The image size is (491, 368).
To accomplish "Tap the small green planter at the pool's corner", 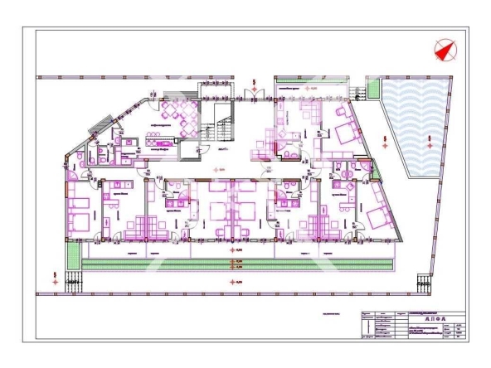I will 372,87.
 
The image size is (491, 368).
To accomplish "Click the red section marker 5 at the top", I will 254,84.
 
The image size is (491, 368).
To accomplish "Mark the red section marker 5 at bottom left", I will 55,278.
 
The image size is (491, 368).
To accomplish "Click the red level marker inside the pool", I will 428,138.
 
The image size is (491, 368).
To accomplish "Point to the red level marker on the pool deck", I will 383,140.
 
